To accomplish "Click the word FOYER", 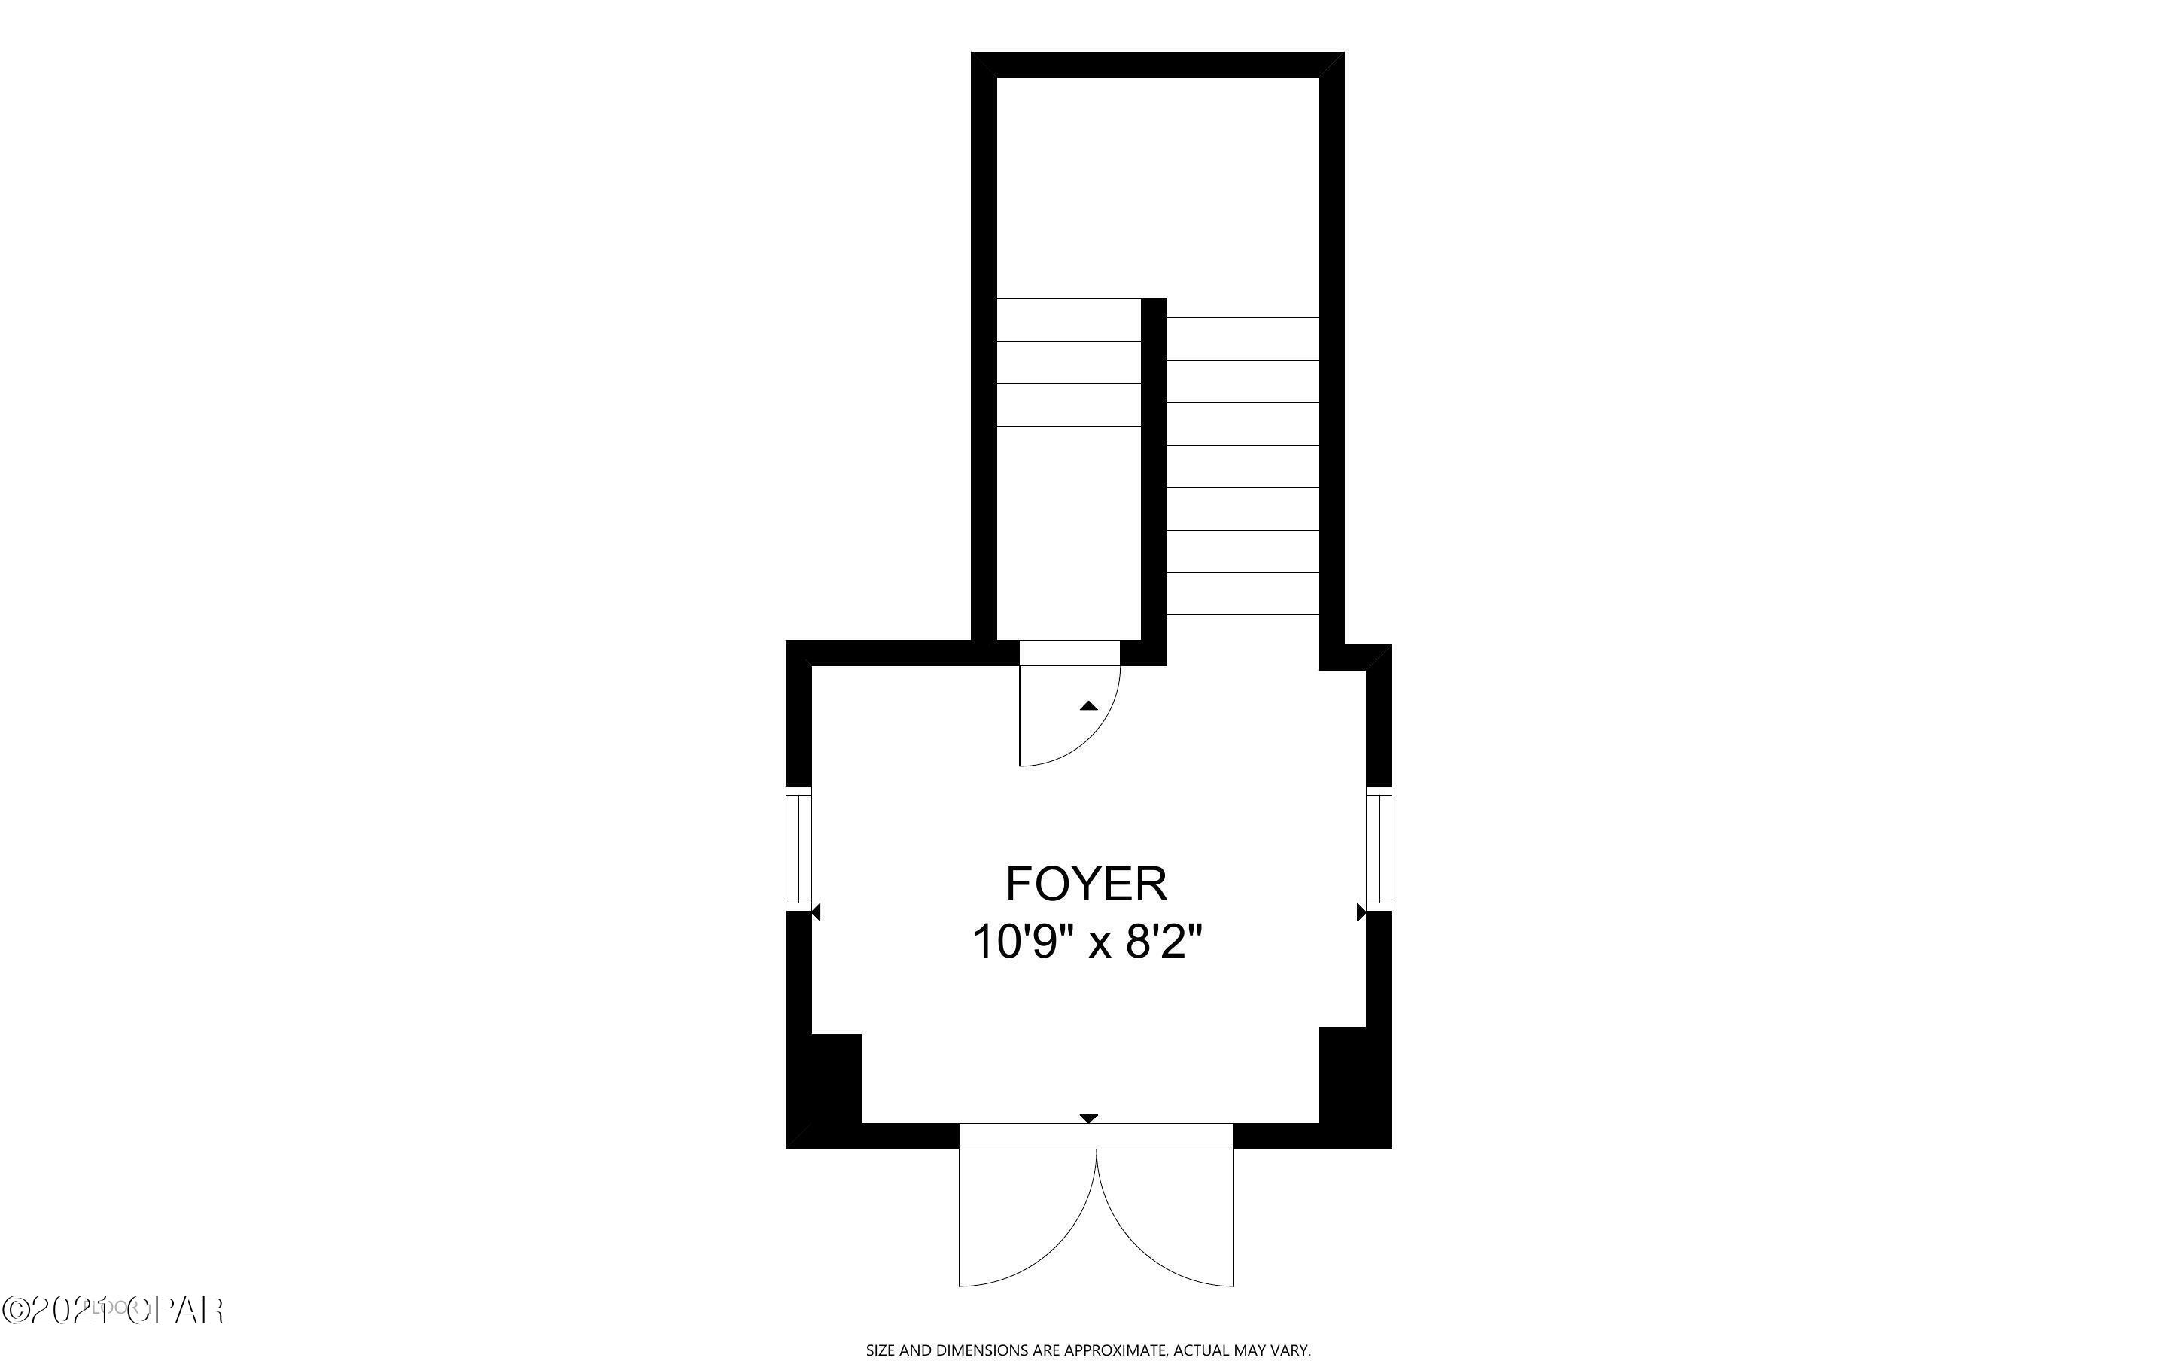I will pyautogui.click(x=1086, y=884).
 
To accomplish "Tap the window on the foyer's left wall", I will pyautogui.click(x=798, y=848).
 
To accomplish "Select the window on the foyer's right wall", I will pyautogui.click(x=1378, y=848).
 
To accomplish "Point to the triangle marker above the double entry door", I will pyautogui.click(x=1088, y=1118).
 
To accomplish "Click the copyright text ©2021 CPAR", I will pyautogui.click(x=112, y=1310).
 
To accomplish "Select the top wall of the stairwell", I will pyautogui.click(x=1157, y=65).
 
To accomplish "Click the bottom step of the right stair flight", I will pyautogui.click(x=1243, y=593).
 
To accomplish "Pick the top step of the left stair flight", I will pyautogui.click(x=1069, y=319).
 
